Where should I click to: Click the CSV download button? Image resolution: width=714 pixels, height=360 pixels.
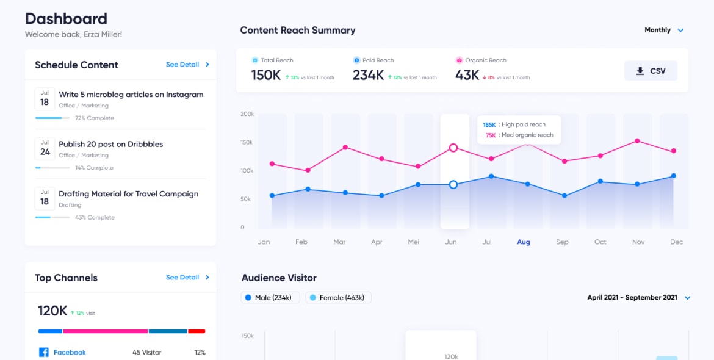651,71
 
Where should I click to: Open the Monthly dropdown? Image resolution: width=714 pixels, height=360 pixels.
664,30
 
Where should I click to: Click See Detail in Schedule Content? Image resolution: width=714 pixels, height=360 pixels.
187,65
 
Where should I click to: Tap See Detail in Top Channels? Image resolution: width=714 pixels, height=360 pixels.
187,278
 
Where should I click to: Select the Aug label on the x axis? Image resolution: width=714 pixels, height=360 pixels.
524,242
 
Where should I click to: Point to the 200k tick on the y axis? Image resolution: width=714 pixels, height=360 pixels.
247,114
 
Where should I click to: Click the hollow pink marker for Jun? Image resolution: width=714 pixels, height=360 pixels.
453,148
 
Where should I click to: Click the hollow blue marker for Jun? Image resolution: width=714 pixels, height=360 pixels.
453,184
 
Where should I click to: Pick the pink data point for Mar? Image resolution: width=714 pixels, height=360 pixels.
345,147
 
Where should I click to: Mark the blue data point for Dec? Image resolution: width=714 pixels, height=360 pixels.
674,176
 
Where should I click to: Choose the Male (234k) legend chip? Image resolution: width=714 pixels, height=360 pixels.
270,298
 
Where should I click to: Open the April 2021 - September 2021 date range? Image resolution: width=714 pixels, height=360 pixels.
638,298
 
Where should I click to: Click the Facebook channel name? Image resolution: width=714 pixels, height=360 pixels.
70,352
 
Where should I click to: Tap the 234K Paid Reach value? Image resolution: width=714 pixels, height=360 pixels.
368,75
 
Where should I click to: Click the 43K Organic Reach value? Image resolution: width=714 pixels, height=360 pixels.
467,75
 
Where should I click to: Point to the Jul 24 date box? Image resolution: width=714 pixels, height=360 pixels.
45,148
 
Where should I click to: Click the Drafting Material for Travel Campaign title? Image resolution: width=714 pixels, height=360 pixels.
128,194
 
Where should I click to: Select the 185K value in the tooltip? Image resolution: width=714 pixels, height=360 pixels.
489,125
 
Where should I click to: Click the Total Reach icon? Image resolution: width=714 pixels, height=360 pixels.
255,60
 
